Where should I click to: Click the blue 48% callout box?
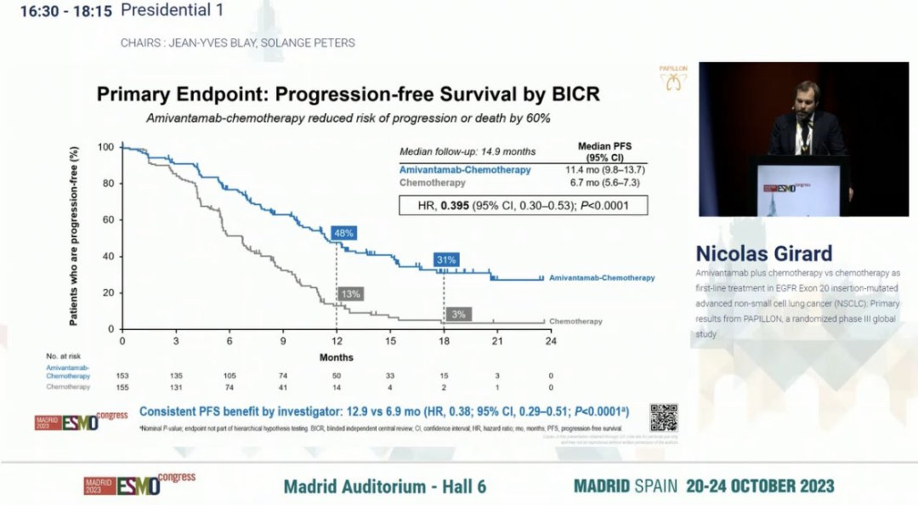click(x=344, y=233)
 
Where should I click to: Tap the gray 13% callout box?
click(x=350, y=294)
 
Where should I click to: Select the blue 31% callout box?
click(x=447, y=259)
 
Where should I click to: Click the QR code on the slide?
click(x=664, y=417)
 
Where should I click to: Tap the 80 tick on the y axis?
click(x=107, y=184)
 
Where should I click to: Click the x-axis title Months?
click(x=336, y=357)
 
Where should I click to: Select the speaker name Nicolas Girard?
click(x=764, y=253)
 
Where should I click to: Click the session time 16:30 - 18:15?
click(x=59, y=10)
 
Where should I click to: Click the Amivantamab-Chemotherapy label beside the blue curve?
click(x=602, y=278)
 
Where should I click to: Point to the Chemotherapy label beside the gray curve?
click(x=575, y=321)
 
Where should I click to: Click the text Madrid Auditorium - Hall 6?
click(x=385, y=486)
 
